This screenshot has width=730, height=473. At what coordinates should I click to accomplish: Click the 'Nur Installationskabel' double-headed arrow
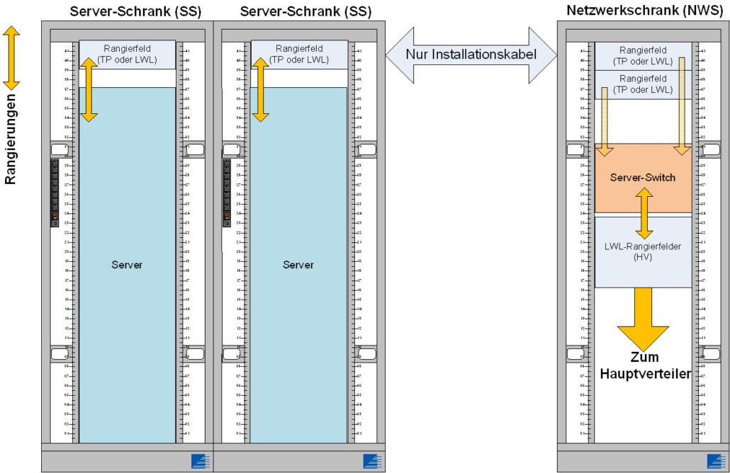(471, 55)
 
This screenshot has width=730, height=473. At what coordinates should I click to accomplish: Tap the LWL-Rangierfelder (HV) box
(643, 253)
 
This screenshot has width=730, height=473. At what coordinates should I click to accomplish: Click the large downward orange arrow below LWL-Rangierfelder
(643, 319)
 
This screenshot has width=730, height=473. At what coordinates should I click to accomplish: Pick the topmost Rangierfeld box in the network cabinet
(643, 55)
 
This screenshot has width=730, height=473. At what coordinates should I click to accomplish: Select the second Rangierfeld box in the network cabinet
(643, 84)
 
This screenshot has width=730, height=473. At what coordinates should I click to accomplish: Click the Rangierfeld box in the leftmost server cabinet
(127, 54)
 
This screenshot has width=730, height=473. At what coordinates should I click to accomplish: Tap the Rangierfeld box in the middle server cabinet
(299, 54)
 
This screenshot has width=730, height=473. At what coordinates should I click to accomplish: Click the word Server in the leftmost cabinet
(127, 265)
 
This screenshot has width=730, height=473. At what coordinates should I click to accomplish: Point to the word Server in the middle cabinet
(298, 265)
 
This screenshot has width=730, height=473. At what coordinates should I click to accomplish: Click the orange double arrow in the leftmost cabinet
(89, 89)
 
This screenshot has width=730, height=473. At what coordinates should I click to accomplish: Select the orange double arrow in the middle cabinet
(261, 89)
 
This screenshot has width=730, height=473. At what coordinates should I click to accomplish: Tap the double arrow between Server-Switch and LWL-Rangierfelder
(644, 213)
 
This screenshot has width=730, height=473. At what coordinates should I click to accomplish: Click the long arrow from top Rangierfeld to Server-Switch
(682, 106)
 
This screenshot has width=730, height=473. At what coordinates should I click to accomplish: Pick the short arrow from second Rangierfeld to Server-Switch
(605, 120)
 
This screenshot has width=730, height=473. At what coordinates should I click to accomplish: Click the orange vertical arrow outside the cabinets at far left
(11, 58)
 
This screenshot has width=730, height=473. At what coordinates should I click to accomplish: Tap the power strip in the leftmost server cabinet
(55, 192)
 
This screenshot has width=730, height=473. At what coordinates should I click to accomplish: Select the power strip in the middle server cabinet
(227, 192)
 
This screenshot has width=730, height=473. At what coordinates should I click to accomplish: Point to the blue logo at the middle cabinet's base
(374, 462)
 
